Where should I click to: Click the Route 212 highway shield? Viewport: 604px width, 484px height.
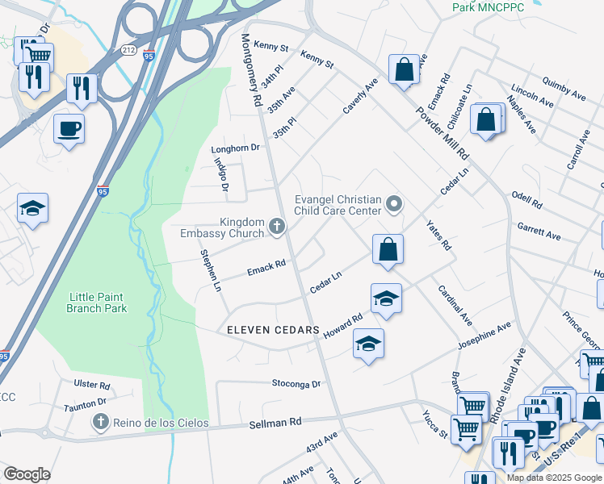128,50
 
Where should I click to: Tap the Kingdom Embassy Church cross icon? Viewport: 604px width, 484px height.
277,227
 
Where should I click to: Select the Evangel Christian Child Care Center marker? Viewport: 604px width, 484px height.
394,203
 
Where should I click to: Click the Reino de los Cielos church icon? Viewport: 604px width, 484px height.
99,421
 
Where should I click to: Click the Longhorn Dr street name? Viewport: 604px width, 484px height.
235,148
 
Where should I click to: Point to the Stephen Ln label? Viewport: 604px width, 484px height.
210,270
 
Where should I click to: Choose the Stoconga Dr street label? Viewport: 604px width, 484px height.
296,384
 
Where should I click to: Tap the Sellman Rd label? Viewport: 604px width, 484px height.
275,422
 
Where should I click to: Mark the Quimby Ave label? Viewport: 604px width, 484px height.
564,90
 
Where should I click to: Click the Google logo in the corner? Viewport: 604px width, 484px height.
27,474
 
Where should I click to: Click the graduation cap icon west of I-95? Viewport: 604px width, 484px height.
33,209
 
